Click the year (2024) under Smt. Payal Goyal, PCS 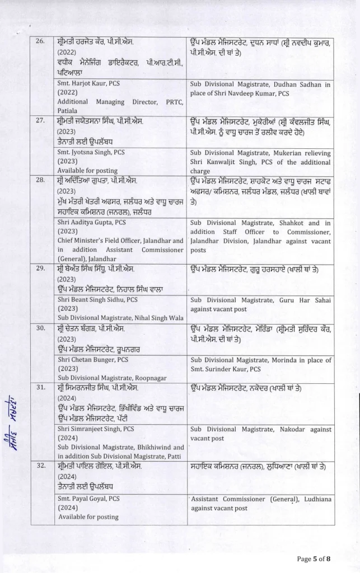tap(68, 508)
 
